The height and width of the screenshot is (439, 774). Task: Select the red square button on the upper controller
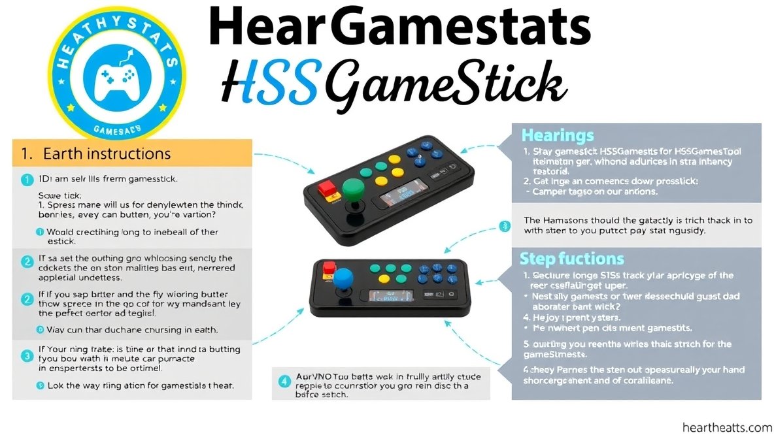(326, 189)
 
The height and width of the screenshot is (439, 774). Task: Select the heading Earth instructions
(107, 154)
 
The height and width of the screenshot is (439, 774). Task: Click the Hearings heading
(558, 135)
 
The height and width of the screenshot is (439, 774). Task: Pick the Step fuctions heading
(571, 258)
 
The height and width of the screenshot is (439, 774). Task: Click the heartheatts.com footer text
(726, 427)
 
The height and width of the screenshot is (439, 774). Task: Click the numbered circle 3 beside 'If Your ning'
(27, 356)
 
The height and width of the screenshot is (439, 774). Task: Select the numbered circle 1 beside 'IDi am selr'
(27, 178)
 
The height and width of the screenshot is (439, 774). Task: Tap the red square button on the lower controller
(328, 267)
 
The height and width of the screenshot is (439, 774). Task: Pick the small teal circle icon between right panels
(504, 227)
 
